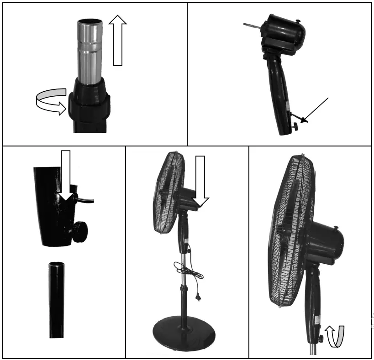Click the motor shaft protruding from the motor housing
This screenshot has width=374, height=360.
click(x=252, y=24)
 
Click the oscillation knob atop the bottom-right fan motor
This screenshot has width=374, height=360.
click(x=337, y=228)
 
